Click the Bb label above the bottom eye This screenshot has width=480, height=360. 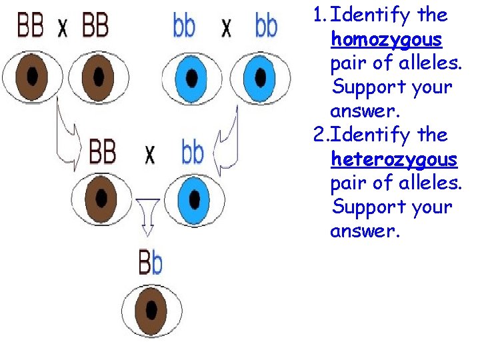coord(150,263)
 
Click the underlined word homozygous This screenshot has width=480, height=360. coord(387,40)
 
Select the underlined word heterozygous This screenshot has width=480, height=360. coord(394,159)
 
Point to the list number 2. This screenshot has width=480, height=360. coord(319,135)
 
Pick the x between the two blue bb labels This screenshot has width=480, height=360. coord(227,28)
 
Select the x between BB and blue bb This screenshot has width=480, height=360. coord(150,155)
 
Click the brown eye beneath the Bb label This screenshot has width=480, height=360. coord(152,311)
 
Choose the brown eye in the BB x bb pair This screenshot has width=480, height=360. coord(102,197)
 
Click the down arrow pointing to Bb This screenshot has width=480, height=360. coord(148,215)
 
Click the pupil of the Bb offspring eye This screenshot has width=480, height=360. coord(153,311)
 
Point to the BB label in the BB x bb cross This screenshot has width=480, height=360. coord(102,152)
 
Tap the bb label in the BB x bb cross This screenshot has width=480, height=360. coord(193,152)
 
